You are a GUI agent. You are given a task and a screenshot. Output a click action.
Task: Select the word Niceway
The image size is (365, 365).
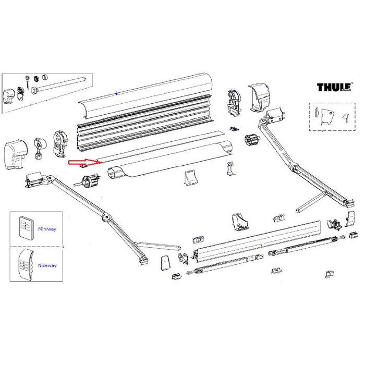tap(46, 265)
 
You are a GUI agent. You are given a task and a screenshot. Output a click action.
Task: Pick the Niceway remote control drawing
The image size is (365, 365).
tap(24, 264)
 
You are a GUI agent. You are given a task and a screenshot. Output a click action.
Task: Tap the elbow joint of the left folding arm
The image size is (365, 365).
tap(106, 216)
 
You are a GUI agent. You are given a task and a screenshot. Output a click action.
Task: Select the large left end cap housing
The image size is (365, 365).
tap(16, 153)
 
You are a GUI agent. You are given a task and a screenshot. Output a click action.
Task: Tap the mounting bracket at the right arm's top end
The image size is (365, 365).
tap(274, 114)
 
